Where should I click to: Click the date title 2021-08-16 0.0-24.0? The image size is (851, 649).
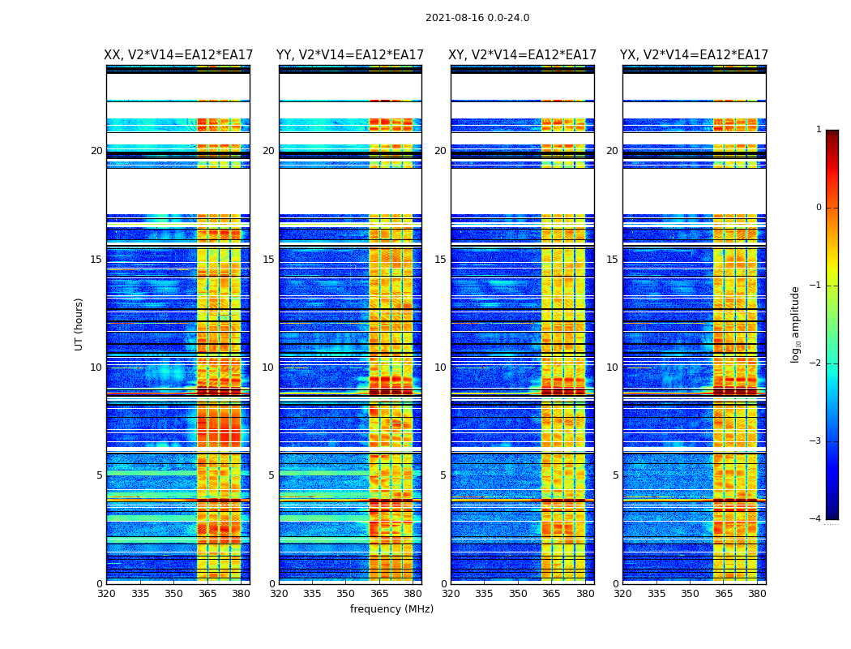coord(477,18)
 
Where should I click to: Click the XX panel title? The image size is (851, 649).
coord(178,55)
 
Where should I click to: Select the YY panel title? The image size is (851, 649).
coord(350,55)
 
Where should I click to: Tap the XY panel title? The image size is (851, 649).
coord(523,55)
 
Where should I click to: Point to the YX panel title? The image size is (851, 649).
coord(695,55)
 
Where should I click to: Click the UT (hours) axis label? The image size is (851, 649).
coord(79,324)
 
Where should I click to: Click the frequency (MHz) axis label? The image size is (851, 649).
coord(391,609)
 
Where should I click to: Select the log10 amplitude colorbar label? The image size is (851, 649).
coord(796,324)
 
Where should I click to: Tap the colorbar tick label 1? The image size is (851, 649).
coord(819,130)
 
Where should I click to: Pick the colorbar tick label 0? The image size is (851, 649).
coord(819,208)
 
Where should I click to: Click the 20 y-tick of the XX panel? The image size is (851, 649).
coord(96,151)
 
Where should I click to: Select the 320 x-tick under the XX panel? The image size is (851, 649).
coord(106,594)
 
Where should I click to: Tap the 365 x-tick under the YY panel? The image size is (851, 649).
coord(379,594)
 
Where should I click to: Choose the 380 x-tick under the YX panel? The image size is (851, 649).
coord(757,594)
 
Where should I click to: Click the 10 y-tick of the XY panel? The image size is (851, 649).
coord(441,367)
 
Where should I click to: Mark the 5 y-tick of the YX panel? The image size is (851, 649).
coord(616,475)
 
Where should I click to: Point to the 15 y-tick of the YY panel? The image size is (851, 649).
coord(268,260)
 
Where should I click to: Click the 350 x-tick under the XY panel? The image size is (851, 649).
coord(518,594)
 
